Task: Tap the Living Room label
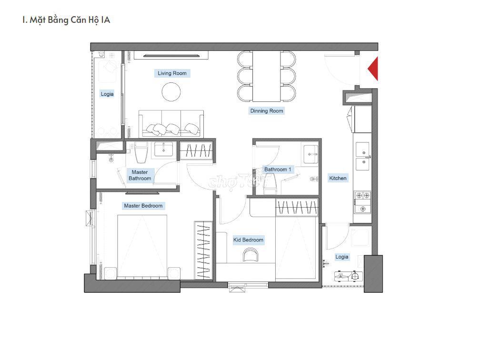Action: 172,73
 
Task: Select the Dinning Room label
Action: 267,111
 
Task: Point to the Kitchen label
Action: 338,178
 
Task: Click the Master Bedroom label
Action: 143,206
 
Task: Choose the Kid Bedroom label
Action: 248,240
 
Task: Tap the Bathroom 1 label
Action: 278,170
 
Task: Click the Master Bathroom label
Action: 140,175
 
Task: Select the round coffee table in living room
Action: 171,92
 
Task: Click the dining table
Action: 266,76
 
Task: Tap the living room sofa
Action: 171,124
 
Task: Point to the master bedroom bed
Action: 142,247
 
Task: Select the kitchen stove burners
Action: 363,202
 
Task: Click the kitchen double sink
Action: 362,156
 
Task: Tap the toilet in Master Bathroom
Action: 141,152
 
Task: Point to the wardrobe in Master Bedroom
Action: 203,250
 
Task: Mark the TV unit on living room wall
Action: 171,55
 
